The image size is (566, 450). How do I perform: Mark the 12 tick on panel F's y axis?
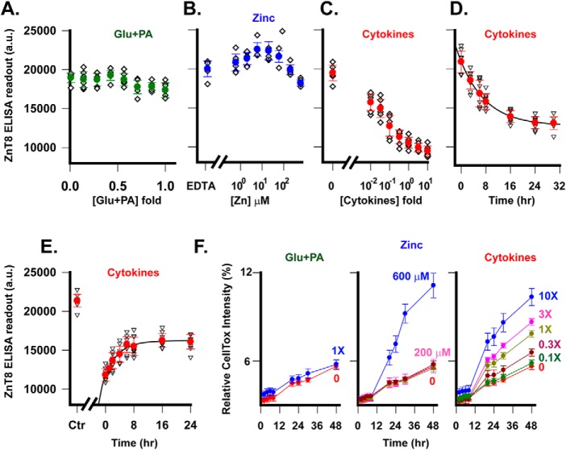tap(247, 273)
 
